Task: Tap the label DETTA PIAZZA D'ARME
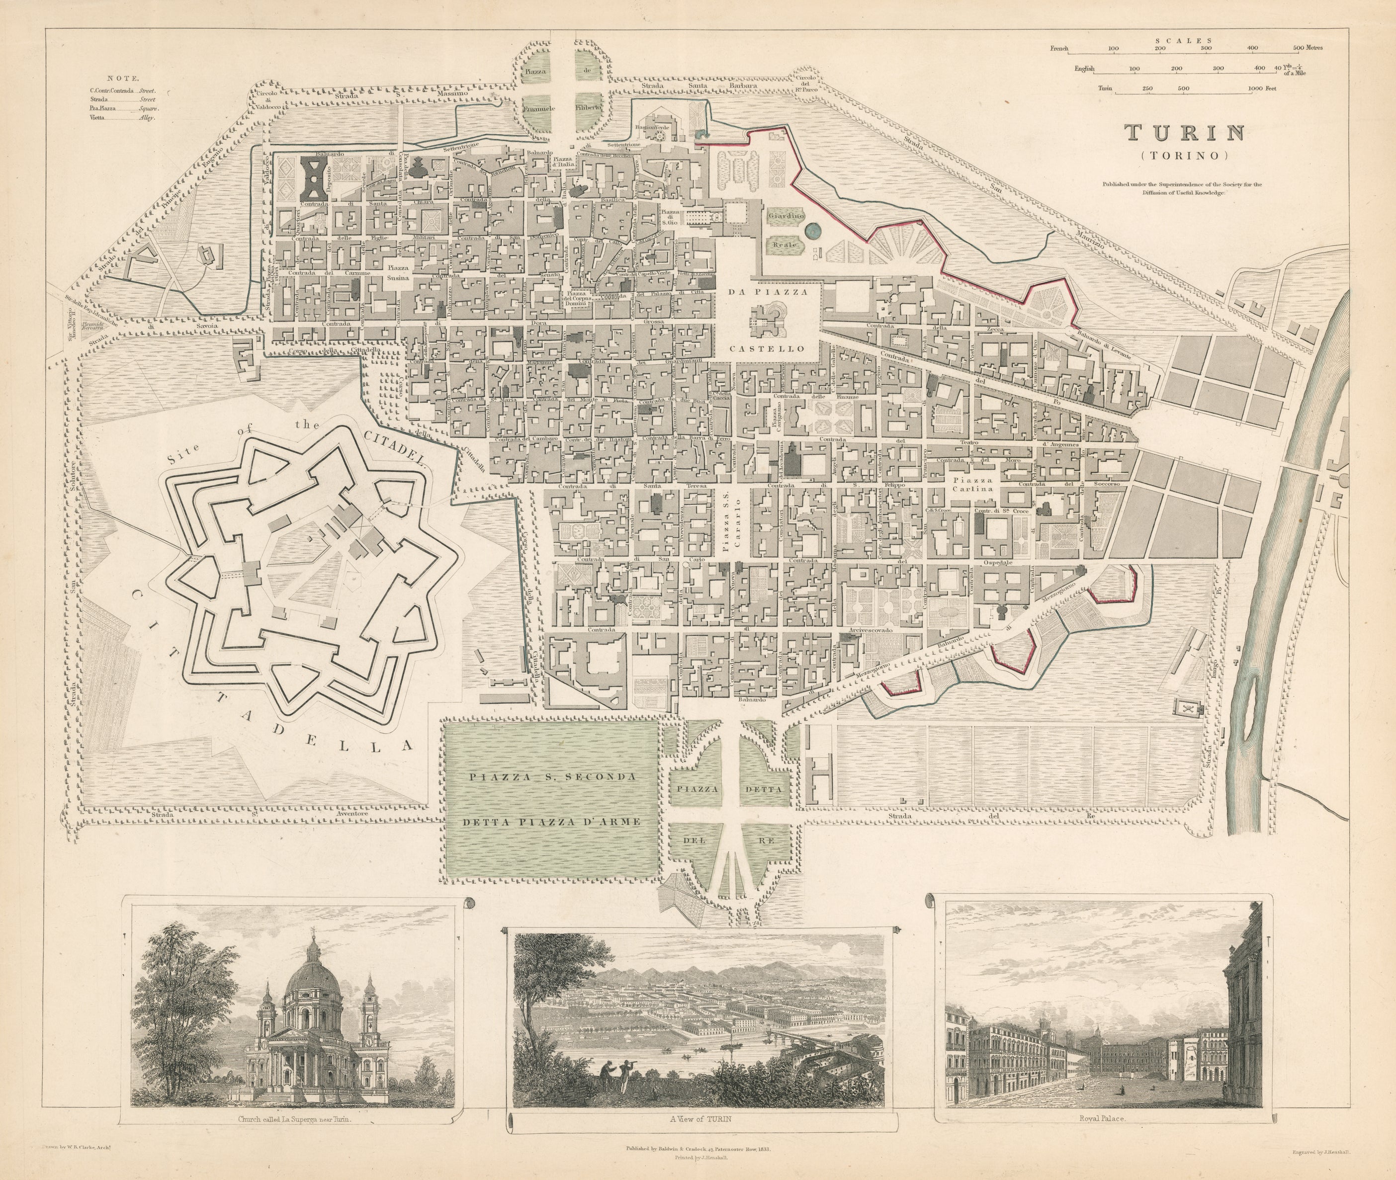coord(552,822)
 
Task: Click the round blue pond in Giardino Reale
coord(813,231)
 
